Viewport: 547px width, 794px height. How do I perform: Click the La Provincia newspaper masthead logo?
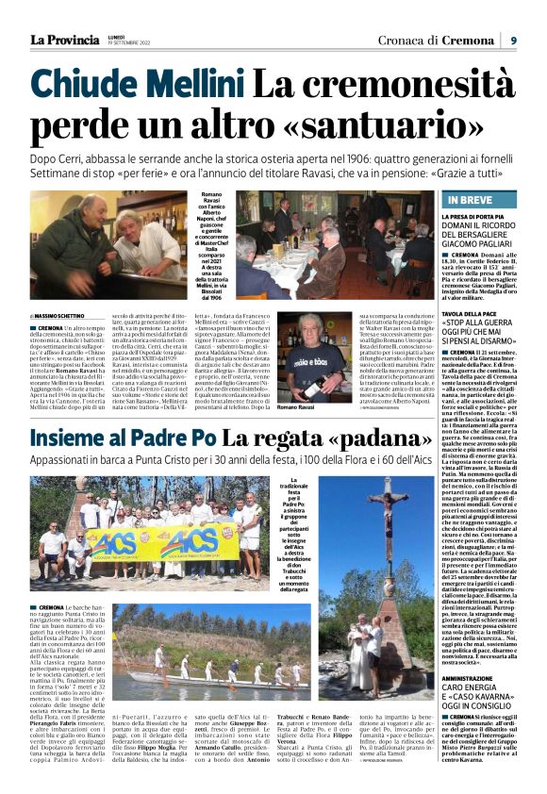click(64, 40)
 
